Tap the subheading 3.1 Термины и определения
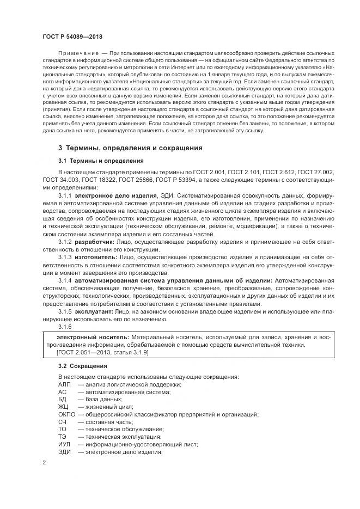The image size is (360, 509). pyautogui.click(x=101, y=161)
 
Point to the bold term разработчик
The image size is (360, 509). pyautogui.click(x=93, y=241)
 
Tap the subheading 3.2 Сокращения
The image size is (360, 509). pyautogui.click(x=83, y=366)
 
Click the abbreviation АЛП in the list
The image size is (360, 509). pyautogui.click(x=64, y=384)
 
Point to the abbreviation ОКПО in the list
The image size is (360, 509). pyautogui.click(x=66, y=414)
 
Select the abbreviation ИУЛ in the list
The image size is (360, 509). pyautogui.click(x=65, y=444)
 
